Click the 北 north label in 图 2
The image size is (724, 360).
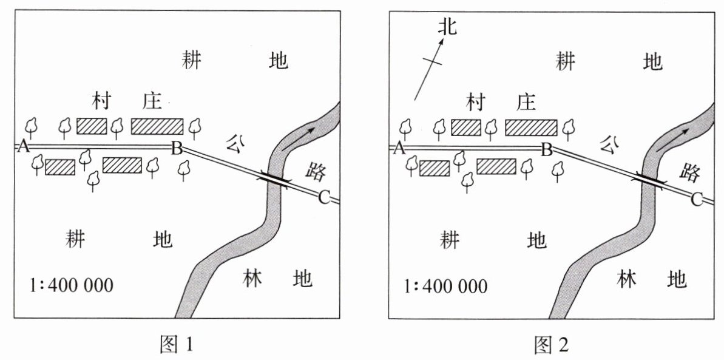tap(447, 27)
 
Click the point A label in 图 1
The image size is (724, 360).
tap(23, 147)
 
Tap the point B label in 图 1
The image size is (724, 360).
tap(177, 149)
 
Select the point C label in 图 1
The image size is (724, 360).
tap(323, 199)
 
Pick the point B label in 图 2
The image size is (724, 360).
tap(547, 150)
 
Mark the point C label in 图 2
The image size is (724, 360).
tap(697, 199)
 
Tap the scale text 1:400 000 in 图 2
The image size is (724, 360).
tap(445, 286)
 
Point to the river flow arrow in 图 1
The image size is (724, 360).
tap(297, 138)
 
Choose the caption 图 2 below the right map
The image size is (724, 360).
tap(551, 344)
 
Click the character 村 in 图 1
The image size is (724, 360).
tap(101, 101)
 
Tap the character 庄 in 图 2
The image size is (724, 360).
tap(526, 101)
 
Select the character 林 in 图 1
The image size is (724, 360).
tap(252, 278)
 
